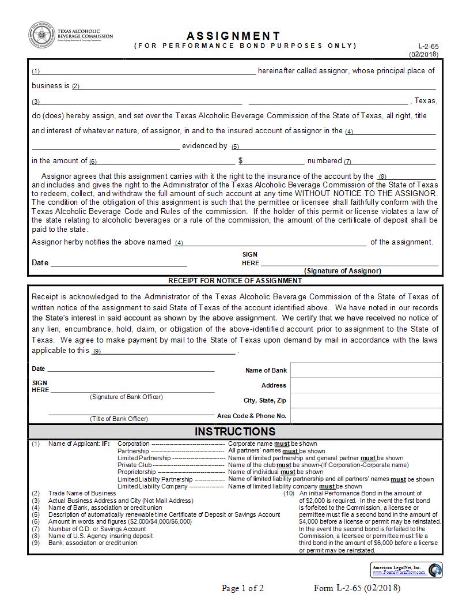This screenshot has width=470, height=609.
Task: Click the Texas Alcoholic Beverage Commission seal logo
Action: coord(41,35)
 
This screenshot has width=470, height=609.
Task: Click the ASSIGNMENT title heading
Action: coord(234,36)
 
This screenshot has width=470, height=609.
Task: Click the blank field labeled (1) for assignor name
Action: coord(147,71)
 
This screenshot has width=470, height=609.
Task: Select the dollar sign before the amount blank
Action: coord(241,161)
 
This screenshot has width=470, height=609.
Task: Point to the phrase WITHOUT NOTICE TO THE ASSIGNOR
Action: coord(366,194)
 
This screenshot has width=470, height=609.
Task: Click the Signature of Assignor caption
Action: coord(342,270)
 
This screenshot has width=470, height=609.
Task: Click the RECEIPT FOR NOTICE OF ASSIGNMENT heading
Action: coord(234,281)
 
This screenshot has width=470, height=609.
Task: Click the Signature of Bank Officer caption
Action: coord(126,397)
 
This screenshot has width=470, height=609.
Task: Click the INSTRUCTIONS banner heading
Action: coord(235,431)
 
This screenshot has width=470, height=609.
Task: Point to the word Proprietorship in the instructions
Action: coord(137,472)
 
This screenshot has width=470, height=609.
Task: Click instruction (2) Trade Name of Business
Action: coord(82,494)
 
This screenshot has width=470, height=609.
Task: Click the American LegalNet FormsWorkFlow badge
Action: coord(407,570)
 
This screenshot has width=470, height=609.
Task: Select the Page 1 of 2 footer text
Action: coord(242,588)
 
